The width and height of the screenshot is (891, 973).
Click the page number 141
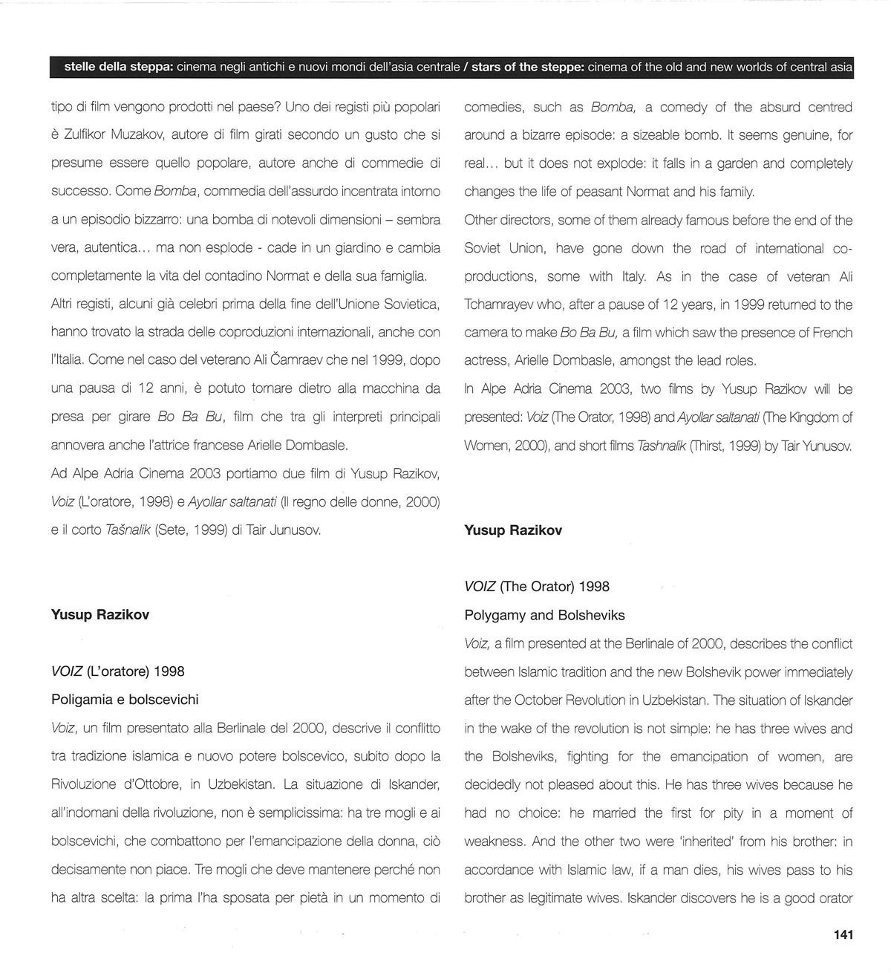coord(843,934)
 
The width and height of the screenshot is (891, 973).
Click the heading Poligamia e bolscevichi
coord(125,700)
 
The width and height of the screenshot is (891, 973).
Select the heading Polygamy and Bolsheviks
coord(544,615)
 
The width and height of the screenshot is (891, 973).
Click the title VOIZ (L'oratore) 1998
coord(118,671)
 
